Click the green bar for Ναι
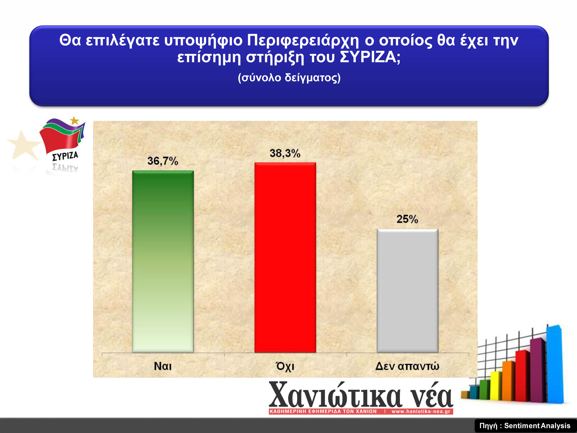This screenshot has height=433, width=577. pyautogui.click(x=163, y=262)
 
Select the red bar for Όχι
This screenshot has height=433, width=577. pyautogui.click(x=285, y=257)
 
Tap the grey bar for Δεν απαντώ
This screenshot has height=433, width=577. pyautogui.click(x=407, y=291)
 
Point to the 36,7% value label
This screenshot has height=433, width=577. pyautogui.click(x=163, y=161)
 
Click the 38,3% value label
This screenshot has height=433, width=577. pyautogui.click(x=285, y=153)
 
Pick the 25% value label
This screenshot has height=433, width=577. pyautogui.click(x=407, y=219)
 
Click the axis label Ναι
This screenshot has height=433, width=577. pyautogui.click(x=163, y=366)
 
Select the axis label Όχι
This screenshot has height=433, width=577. pyautogui.click(x=285, y=366)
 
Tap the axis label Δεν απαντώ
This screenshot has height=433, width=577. pyautogui.click(x=407, y=366)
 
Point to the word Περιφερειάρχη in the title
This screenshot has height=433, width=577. pyautogui.click(x=303, y=41)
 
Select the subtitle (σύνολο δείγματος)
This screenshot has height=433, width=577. pyautogui.click(x=289, y=78)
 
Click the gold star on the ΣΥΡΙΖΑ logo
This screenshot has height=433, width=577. pyautogui.click(x=75, y=121)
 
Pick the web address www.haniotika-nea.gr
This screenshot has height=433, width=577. pyautogui.click(x=421, y=411)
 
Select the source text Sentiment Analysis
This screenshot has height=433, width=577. pyautogui.click(x=537, y=426)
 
